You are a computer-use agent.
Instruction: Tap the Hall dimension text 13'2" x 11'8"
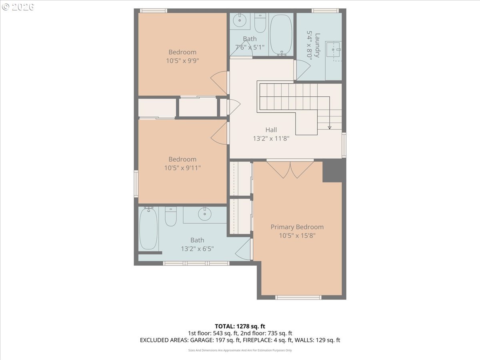(271, 138)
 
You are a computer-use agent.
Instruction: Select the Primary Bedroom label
(297, 227)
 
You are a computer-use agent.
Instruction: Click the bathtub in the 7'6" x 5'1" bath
(281, 35)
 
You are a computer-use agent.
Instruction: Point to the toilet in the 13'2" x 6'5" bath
(170, 216)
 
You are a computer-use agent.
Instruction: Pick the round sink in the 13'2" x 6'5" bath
(205, 214)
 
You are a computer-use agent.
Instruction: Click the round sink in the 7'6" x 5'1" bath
(240, 20)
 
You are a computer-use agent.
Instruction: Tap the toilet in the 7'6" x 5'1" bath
(260, 23)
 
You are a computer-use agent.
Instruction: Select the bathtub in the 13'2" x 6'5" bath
(148, 228)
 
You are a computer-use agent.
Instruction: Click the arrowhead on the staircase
(330, 128)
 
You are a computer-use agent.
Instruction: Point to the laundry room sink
(333, 50)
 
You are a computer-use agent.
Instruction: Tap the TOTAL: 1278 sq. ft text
(240, 326)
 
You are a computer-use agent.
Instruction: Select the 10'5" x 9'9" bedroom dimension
(182, 60)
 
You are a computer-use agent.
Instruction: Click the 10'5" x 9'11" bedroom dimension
(182, 168)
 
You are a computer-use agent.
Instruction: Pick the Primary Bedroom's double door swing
(290, 170)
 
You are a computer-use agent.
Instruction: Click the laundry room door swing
(303, 70)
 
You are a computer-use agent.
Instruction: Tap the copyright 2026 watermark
(18, 7)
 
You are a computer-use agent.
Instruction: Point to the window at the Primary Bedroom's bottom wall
(298, 297)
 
